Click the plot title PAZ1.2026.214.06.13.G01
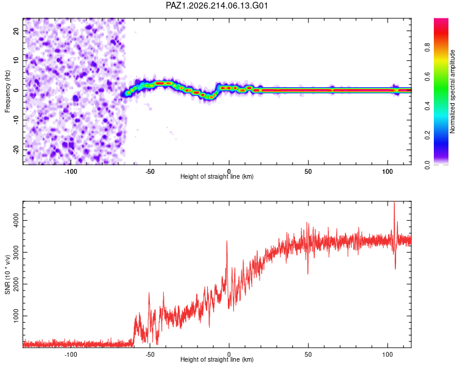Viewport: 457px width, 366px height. coord(217,5)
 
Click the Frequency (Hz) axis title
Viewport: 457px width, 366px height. coord(7,91)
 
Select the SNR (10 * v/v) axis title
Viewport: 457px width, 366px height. coord(7,274)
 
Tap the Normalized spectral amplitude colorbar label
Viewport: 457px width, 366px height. coord(452,91)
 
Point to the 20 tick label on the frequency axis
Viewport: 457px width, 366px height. coord(16,30)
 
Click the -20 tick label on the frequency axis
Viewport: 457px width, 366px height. coord(16,149)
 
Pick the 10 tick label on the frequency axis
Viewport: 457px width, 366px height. coord(16,60)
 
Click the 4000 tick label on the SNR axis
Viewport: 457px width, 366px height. coord(16,220)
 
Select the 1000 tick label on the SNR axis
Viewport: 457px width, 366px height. coord(16,316)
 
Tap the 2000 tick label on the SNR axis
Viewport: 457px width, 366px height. coord(16,284)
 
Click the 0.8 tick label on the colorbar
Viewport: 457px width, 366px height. coord(427,48)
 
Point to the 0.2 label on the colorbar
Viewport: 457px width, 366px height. coord(427,135)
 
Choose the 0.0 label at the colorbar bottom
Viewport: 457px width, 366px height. coord(427,165)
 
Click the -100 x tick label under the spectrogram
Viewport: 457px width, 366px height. coord(71,171)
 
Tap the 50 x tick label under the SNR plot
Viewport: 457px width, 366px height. coord(308,354)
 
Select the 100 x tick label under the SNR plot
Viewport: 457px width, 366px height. coord(388,354)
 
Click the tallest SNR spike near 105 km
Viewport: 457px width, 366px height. coord(394,203)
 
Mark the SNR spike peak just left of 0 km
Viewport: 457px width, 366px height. coord(227,242)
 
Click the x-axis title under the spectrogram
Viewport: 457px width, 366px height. coord(217,176)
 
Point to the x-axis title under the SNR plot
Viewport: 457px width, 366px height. coord(217,359)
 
